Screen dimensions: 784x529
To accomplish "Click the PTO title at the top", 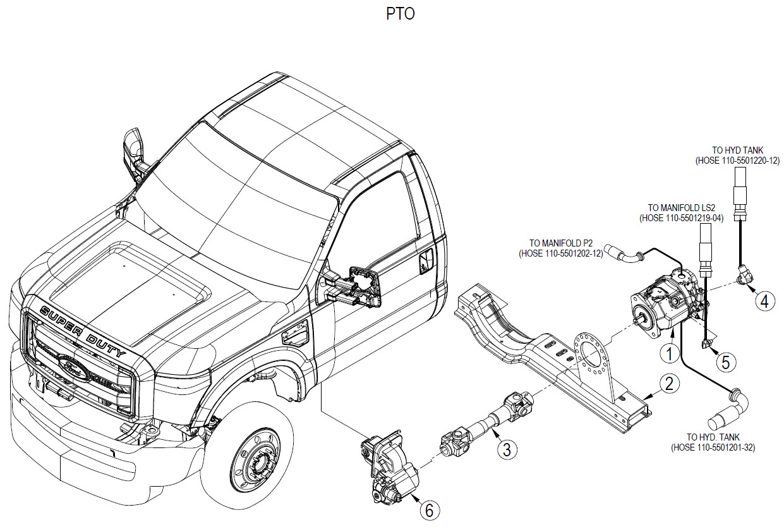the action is pos(401,14).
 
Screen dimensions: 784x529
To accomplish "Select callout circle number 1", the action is pos(669,353).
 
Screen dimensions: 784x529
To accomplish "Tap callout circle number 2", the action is pos(669,384).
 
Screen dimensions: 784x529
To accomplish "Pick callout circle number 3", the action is pos(507,449).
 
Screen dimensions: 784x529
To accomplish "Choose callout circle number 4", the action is pos(765,301).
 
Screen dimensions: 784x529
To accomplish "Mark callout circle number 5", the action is pos(725,362).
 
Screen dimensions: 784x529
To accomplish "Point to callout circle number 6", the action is pos(430,511).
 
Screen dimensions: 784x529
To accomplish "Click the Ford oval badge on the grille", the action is pos(73,368).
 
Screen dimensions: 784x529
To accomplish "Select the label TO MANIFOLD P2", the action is pos(561,243).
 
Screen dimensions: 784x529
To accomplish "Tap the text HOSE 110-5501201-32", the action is pos(713,447).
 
